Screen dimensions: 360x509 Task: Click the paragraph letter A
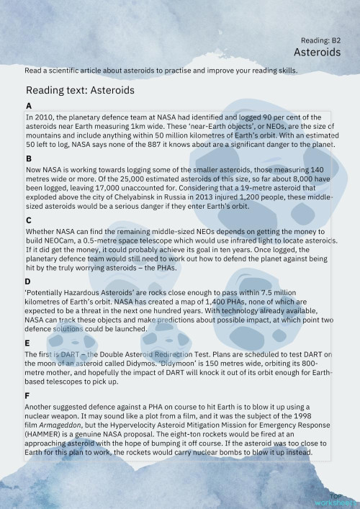click(x=28, y=106)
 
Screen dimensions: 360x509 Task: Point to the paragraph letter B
click(x=28, y=158)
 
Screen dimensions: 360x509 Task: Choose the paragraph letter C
click(x=28, y=220)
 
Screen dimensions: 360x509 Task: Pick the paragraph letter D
click(x=28, y=281)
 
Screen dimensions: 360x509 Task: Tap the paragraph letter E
click(x=28, y=343)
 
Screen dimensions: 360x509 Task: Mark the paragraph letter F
click(x=28, y=395)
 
